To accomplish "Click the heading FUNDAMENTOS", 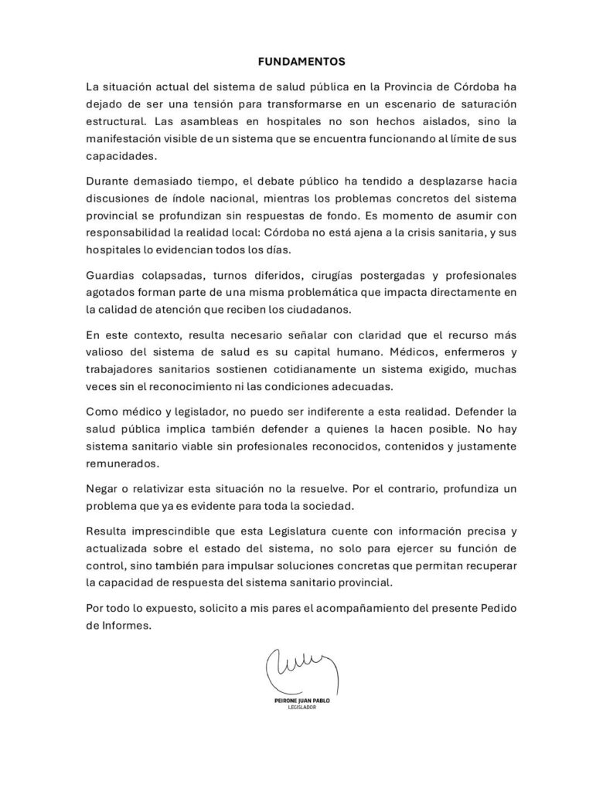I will (301, 59).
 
